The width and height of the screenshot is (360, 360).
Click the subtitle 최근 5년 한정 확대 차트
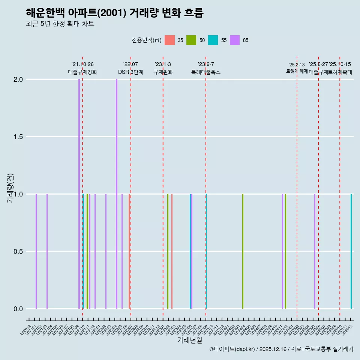click(60, 24)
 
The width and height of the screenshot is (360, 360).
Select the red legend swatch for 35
click(170, 40)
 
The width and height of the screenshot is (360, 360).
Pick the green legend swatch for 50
click(192, 40)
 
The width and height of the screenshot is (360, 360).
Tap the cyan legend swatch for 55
click(213, 40)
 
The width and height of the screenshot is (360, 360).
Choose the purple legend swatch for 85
click(235, 40)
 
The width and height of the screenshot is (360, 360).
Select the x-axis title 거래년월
click(189, 340)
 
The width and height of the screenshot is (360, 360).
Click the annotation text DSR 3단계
click(130, 72)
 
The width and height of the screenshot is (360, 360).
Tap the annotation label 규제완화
click(163, 72)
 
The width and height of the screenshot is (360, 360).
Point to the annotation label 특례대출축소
click(206, 72)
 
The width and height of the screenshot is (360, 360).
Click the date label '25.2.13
click(297, 65)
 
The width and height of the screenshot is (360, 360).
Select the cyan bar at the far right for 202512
click(351, 251)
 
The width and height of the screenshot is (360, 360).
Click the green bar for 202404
click(243, 251)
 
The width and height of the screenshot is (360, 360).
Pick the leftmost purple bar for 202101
click(36, 251)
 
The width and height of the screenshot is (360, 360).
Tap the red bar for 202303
click(172, 251)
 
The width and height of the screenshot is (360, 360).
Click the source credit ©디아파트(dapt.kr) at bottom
click(232, 349)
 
